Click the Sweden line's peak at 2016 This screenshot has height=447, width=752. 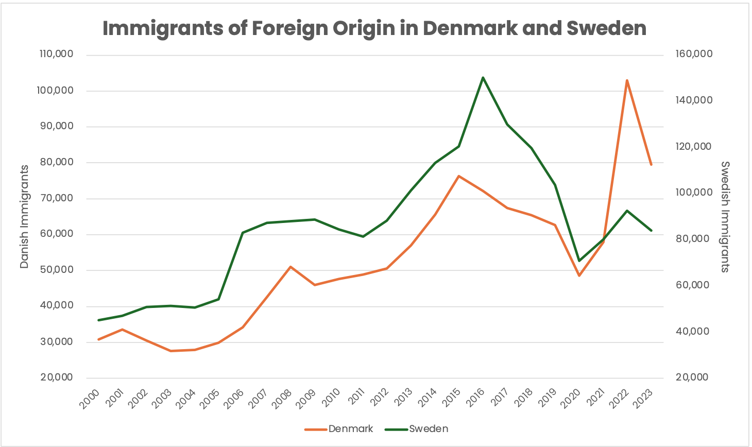(x=483, y=78)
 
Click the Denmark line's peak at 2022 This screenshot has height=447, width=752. (x=627, y=80)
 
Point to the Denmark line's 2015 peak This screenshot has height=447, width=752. (x=458, y=176)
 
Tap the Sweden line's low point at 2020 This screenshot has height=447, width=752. (x=579, y=261)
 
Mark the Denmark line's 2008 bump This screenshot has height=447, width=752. (x=290, y=267)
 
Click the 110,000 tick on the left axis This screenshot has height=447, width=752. (x=56, y=54)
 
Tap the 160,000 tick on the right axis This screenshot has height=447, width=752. (x=694, y=54)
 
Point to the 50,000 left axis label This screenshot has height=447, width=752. (x=56, y=270)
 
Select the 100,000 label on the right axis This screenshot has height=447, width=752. (x=694, y=193)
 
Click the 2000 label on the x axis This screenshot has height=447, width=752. (x=89, y=399)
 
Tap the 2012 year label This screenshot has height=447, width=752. (x=378, y=399)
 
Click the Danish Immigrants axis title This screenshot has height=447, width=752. (x=24, y=216)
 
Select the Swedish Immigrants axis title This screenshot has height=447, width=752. (x=725, y=216)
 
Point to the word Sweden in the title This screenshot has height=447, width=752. (x=606, y=28)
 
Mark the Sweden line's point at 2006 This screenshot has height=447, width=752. (x=243, y=233)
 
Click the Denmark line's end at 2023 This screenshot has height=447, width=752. (x=651, y=165)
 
